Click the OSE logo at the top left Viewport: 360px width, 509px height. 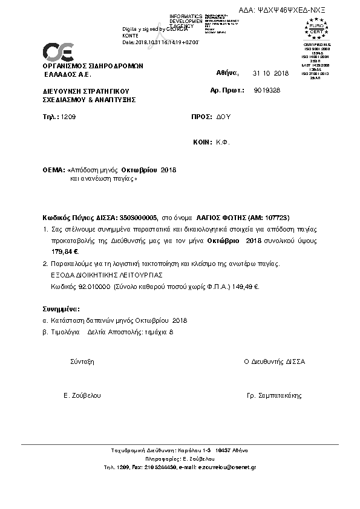[x=57, y=51]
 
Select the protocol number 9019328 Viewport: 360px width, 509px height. [x=267, y=90]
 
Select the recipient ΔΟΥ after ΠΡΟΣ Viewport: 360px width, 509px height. [x=224, y=115]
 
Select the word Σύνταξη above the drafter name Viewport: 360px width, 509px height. [x=82, y=361]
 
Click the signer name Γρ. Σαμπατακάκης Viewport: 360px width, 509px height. [x=274, y=395]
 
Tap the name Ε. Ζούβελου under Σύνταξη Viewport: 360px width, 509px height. [x=82, y=395]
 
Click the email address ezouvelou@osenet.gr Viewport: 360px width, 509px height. [x=227, y=467]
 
